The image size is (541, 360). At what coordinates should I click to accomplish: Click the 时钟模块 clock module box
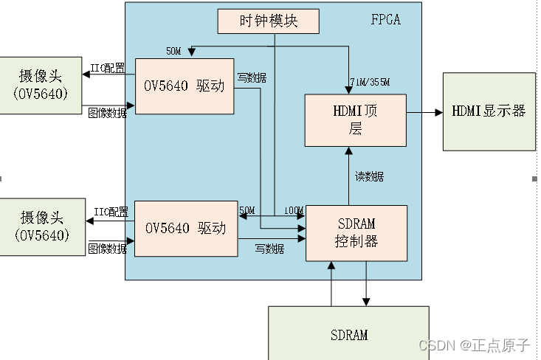click(x=269, y=21)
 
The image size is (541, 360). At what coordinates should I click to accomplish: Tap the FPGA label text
click(x=385, y=20)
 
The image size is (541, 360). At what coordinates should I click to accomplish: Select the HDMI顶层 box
click(x=356, y=120)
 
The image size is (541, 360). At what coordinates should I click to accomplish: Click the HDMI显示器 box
click(x=489, y=111)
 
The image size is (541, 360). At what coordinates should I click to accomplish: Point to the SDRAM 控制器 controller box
click(x=356, y=232)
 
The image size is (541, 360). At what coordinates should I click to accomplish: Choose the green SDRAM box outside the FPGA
click(x=348, y=333)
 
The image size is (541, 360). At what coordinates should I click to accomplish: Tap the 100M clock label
click(x=293, y=211)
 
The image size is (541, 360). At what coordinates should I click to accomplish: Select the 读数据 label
click(x=369, y=176)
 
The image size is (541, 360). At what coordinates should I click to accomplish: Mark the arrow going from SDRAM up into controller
click(x=331, y=284)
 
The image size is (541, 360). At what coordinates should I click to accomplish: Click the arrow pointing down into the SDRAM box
click(x=365, y=284)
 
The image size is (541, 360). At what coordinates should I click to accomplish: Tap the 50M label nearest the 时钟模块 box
click(x=173, y=51)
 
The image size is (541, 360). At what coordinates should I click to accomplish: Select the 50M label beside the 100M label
click(x=248, y=211)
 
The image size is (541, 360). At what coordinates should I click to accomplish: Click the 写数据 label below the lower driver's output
click(x=269, y=249)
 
